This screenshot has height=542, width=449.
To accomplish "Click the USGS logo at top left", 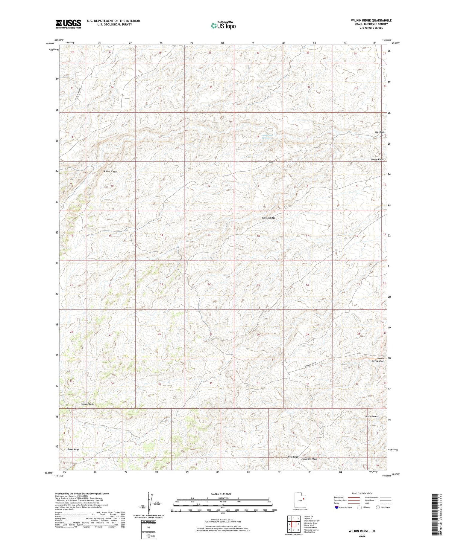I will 68,24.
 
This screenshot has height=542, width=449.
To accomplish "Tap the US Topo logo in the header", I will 223,25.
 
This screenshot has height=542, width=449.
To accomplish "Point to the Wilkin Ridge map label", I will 269,218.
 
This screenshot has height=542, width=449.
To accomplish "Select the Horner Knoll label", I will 110,172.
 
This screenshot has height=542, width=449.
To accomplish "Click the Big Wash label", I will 379,132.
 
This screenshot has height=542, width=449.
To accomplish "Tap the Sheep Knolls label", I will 377,160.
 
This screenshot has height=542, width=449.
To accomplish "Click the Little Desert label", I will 371,416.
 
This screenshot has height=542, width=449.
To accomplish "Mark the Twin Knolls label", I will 293,457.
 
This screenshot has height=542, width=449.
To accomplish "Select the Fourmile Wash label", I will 309,459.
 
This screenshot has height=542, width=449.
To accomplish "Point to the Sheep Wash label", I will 87,404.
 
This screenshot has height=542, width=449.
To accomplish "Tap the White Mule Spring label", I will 268,137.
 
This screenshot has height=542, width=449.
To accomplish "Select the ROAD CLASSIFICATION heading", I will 362,493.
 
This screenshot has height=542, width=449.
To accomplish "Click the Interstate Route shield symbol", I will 336,507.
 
